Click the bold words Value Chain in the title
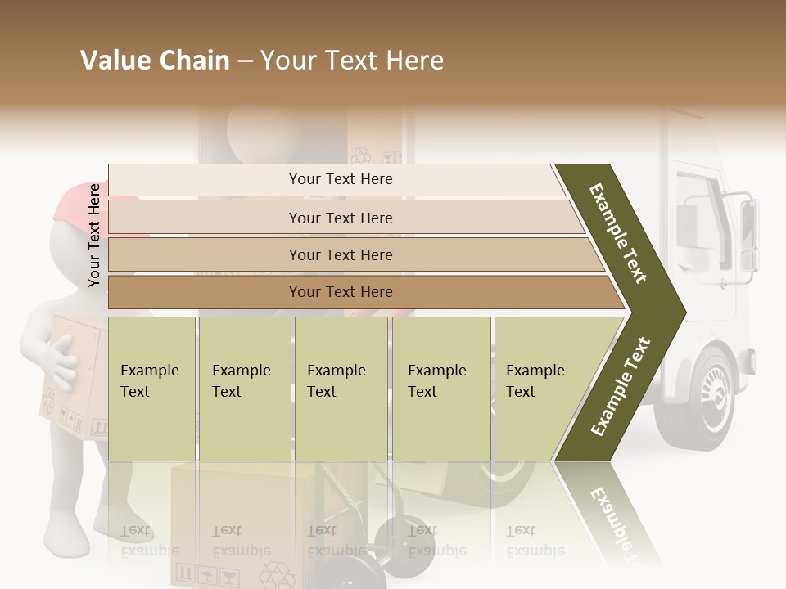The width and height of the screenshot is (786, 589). (155, 61)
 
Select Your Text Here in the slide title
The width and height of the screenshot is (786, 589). (352, 61)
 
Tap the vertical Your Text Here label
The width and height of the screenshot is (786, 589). (94, 235)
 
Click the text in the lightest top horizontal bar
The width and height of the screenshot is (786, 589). (341, 179)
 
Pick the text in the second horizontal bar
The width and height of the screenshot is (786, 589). (341, 218)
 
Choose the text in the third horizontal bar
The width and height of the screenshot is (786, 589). (341, 254)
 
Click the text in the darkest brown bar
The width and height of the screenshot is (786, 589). (341, 291)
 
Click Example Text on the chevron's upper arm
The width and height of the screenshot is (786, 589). (618, 233)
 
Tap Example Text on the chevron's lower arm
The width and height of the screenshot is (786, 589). (621, 386)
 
